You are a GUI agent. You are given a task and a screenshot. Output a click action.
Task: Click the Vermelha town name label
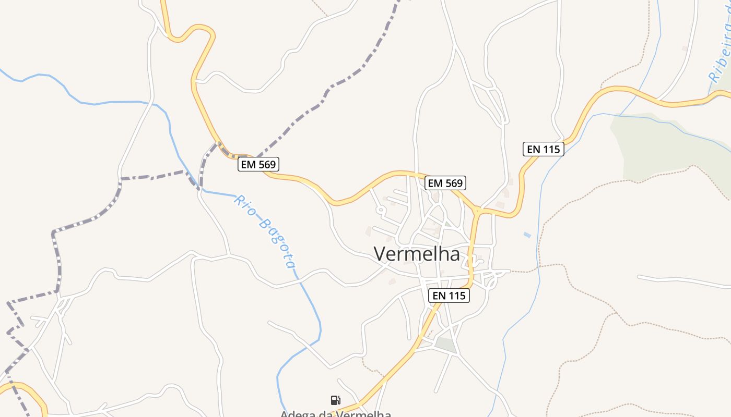tap(417, 254)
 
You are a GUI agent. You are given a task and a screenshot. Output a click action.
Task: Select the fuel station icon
tap(336, 400)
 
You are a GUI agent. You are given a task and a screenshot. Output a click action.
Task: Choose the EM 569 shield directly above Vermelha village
tap(445, 183)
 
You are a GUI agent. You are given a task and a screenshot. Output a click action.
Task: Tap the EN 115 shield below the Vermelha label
tap(450, 296)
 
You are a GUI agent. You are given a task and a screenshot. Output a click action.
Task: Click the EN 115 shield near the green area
tap(544, 149)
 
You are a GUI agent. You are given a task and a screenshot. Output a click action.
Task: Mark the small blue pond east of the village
tap(527, 235)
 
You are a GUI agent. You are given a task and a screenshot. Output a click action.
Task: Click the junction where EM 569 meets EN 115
tap(477, 211)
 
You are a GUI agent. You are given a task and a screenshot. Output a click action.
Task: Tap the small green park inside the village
tap(445, 344)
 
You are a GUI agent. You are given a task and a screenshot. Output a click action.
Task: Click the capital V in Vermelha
tap(380, 254)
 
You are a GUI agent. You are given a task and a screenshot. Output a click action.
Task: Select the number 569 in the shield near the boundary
tap(266, 165)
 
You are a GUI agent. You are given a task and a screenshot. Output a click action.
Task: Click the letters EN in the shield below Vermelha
tap(440, 296)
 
